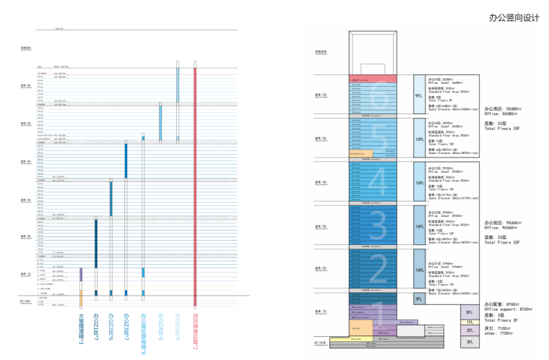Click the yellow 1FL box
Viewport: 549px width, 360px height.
pos(470,322)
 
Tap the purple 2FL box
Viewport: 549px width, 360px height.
pos(470,330)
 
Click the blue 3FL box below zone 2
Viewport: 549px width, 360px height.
pos(418,298)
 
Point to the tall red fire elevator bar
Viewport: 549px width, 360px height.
pos(195,181)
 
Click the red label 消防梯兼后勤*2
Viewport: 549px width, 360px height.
pos(195,333)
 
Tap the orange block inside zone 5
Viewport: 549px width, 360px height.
pos(360,153)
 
